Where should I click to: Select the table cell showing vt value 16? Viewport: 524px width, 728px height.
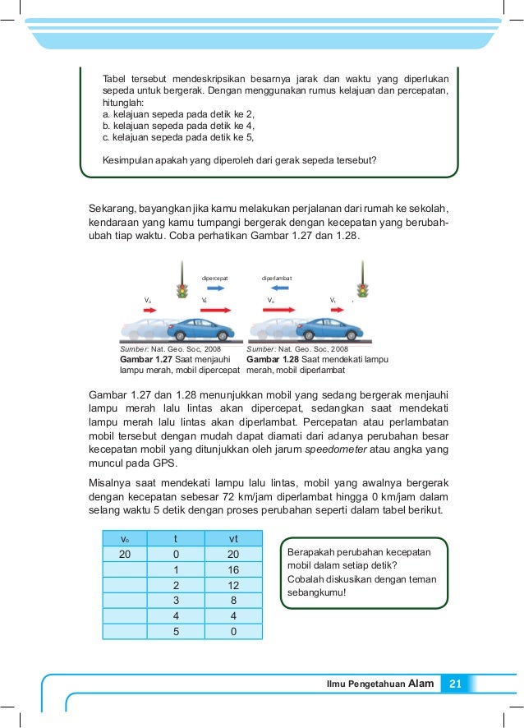232,569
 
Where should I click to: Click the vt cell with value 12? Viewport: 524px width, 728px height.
232,585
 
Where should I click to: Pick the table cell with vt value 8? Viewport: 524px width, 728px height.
232,601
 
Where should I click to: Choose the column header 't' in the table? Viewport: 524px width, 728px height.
174,538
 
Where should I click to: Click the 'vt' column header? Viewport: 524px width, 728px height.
232,538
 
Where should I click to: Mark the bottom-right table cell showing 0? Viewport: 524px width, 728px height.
232,632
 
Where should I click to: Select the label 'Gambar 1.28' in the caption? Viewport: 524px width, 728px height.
272,359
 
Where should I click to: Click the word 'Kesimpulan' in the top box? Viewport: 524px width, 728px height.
127,160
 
